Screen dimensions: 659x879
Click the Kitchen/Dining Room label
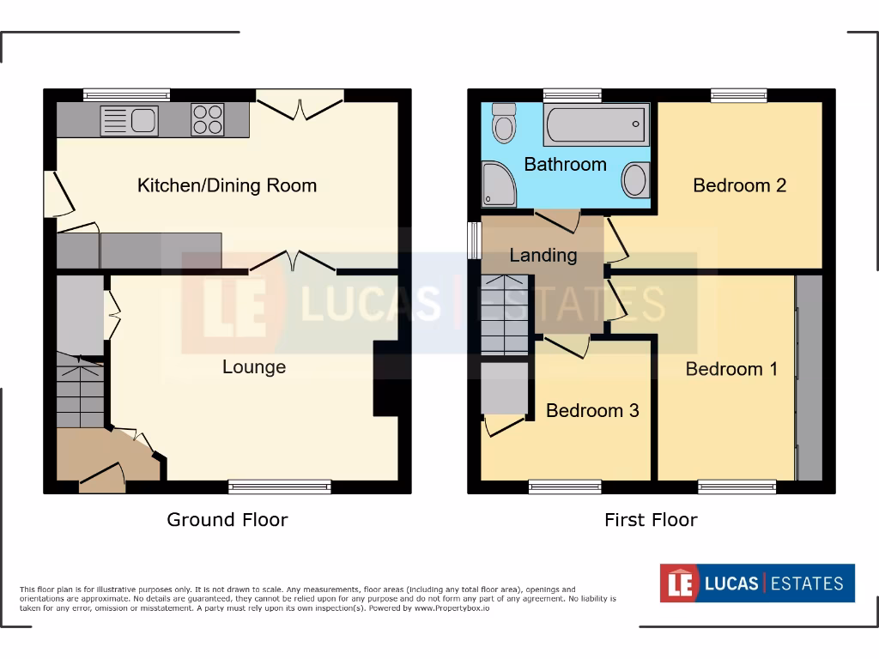(227, 185)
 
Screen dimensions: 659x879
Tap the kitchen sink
(129, 120)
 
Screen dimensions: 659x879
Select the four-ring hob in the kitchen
(207, 119)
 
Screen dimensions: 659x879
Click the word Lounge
(254, 367)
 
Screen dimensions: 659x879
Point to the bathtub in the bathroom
(596, 126)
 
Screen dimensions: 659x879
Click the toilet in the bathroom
(504, 124)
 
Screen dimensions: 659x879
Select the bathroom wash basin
(635, 180)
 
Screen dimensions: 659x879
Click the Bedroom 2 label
(739, 185)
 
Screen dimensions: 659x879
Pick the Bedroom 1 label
(731, 369)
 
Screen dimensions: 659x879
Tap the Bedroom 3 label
(592, 410)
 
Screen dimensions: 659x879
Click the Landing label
(543, 255)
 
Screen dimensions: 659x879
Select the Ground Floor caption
(227, 519)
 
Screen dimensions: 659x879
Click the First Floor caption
(651, 519)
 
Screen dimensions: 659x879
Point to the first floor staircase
(504, 315)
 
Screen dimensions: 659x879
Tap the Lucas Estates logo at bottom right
(757, 583)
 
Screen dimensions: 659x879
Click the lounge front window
(280, 487)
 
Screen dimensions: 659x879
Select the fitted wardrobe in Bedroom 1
(809, 378)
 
